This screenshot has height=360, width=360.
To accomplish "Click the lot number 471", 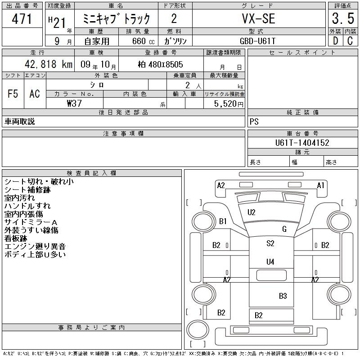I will pos(22,19).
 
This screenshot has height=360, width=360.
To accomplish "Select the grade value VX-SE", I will pos(259,19).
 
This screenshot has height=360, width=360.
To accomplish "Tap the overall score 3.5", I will pos(342,19).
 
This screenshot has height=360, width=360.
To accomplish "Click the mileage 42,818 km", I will pos(45,64).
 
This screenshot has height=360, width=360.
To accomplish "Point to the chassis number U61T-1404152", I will pos(302,143).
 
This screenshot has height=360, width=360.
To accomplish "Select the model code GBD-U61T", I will pos(259,40).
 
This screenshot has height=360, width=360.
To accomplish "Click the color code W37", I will pos(74,103).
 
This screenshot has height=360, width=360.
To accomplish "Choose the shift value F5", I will pos(13,94).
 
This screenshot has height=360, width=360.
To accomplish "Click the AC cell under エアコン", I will pos(35,94).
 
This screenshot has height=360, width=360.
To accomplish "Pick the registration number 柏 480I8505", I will pos(160,64).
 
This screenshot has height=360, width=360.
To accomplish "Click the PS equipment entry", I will pos(254,122).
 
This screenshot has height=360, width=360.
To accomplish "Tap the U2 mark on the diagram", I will pos(252,212).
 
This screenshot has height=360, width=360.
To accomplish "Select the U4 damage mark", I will pos(270,261).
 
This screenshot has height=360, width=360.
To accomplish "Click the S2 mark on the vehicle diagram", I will pos(270,243).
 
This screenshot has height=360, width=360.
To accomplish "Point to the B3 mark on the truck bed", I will pos(283,296).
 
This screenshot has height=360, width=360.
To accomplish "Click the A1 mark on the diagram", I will pos(321,185).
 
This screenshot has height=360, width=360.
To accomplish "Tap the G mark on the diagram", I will pos(284,229).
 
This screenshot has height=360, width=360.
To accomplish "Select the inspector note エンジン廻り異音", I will pos(35,246).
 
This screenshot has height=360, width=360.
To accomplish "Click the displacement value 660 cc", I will pos(138,40).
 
